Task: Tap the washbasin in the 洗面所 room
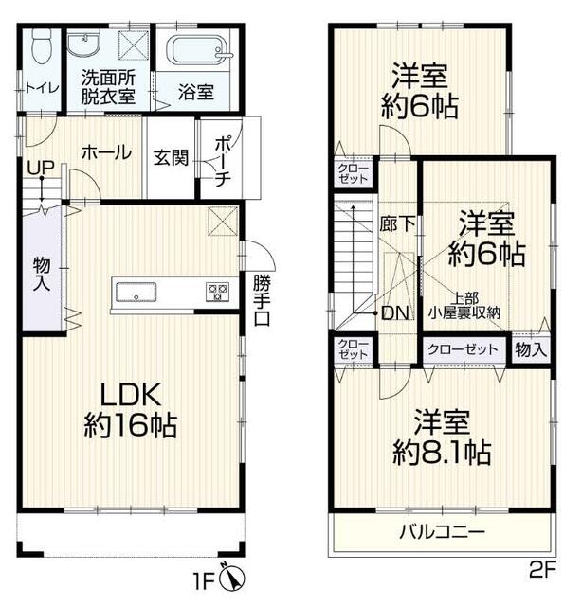83,45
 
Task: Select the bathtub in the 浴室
199,50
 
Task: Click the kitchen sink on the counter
136,291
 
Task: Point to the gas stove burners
217,292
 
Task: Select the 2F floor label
543,570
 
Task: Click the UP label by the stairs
41,168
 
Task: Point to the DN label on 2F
394,313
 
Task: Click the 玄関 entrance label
171,157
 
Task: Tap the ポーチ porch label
224,160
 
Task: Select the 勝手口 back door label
263,300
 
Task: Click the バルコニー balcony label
442,532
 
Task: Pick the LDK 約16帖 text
131,410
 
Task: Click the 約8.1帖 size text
442,453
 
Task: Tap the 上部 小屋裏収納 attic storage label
464,305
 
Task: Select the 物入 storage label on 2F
531,350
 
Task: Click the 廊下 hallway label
397,223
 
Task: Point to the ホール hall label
106,152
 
